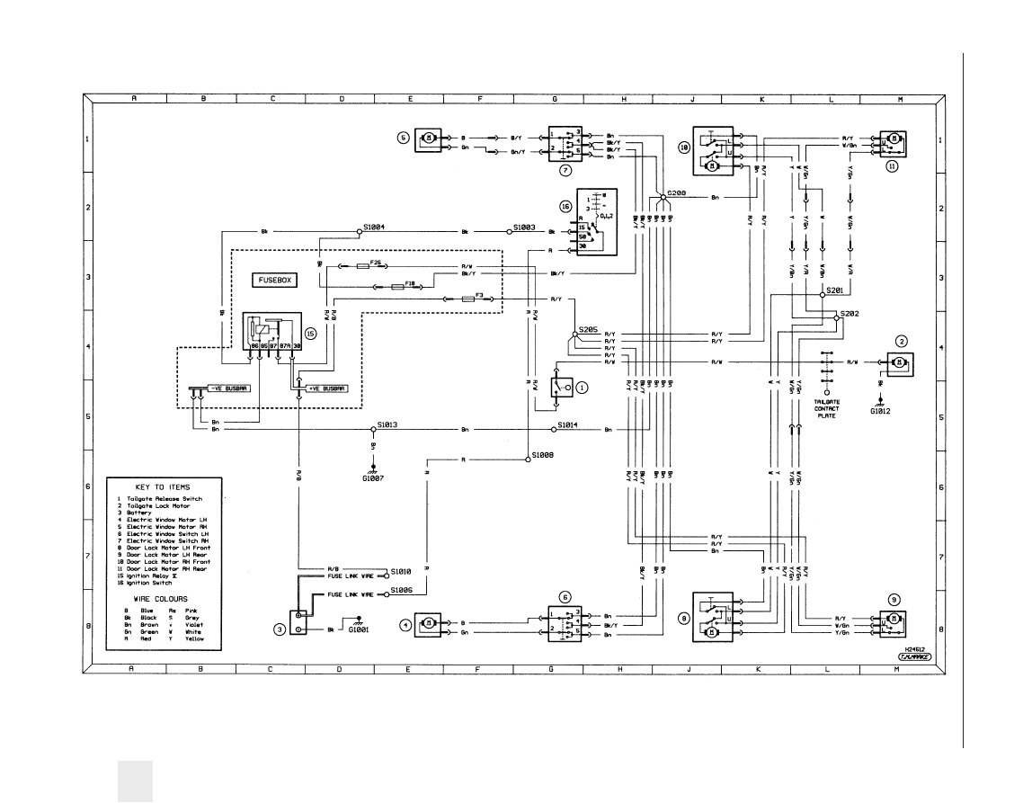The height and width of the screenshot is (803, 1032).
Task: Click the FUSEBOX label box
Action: coord(275,281)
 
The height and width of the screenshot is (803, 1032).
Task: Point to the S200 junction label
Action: coord(676,193)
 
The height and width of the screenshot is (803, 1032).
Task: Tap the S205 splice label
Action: coord(589,330)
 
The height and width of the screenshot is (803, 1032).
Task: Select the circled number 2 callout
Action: coord(902,341)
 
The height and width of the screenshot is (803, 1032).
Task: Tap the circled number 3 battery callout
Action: coord(280,629)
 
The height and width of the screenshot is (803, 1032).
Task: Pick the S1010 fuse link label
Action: coord(401,571)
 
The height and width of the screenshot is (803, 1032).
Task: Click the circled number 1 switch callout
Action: coord(583,388)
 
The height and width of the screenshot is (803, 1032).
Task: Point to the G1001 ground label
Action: coord(360,630)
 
